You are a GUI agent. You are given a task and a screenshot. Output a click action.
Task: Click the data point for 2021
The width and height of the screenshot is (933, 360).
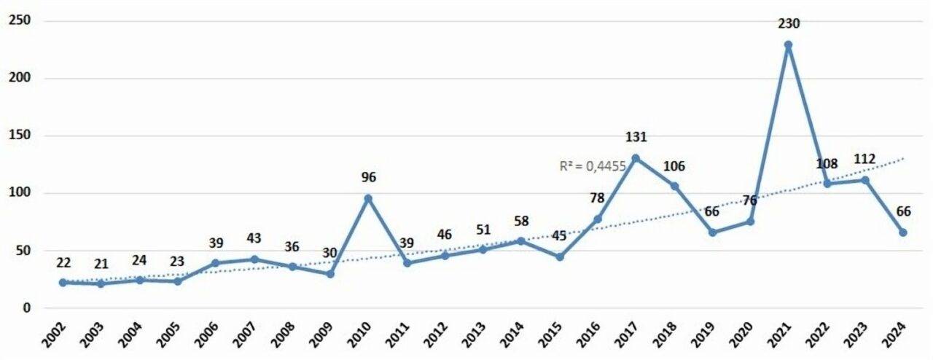tap(788, 44)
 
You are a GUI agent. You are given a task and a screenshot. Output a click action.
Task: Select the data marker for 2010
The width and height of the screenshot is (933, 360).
tap(368, 198)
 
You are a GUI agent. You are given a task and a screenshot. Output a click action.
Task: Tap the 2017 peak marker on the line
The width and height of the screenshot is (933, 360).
tap(636, 158)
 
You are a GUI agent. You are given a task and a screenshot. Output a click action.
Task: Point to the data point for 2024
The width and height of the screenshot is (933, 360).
tap(902, 232)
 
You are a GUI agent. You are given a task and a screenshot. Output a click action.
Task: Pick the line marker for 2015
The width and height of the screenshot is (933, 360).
tap(559, 257)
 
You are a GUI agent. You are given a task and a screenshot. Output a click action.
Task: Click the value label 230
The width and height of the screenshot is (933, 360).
tap(789, 23)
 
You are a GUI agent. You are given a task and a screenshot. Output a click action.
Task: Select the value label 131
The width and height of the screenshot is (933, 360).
tap(636, 137)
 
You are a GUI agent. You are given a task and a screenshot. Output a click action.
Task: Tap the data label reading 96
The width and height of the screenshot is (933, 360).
tap(368, 177)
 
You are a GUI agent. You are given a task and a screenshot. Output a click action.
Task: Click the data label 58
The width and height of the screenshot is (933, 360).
tap(521, 222)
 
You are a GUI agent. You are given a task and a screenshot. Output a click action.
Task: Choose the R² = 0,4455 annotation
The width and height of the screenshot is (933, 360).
tap(593, 166)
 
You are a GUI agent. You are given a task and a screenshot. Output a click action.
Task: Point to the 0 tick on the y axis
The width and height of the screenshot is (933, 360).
tap(26, 308)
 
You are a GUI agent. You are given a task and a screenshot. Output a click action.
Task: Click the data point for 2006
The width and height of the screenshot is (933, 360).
tap(216, 263)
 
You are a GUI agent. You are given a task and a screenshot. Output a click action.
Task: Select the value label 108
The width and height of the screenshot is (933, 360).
tap(827, 163)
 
